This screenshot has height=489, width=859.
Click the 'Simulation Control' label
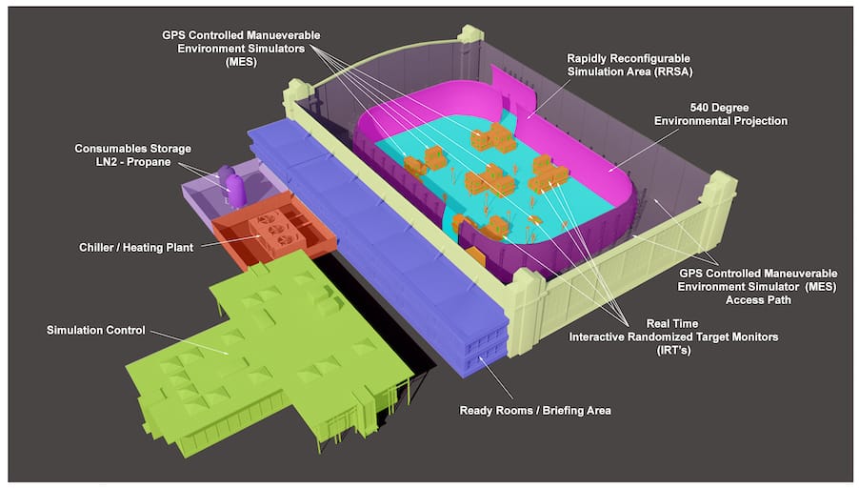click(96, 330)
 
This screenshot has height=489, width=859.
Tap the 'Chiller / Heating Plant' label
click(136, 247)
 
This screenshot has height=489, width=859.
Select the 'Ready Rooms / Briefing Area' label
click(535, 410)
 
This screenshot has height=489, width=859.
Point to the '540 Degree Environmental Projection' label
click(720, 114)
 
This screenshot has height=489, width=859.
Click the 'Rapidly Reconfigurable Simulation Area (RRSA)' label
click(629, 65)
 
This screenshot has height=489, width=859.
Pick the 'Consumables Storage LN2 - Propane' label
click(133, 155)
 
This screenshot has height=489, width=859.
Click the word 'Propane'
click(149, 162)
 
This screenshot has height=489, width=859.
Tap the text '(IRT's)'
click(674, 350)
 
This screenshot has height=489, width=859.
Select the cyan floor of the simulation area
click(493, 181)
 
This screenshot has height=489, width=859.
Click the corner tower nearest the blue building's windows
click(525, 313)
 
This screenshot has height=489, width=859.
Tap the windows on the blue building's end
click(486, 349)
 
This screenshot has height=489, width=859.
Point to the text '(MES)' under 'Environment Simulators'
click(241, 61)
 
